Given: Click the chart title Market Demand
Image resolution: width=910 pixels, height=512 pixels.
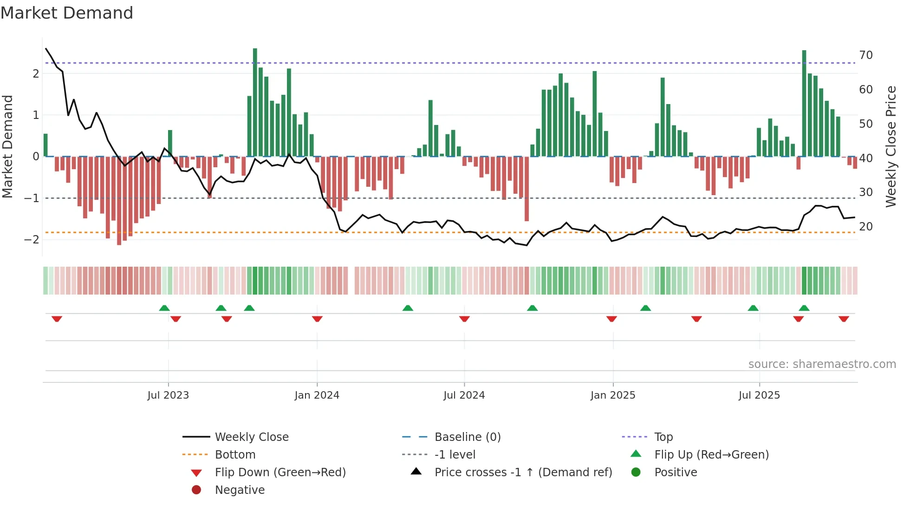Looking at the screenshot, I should [67, 13].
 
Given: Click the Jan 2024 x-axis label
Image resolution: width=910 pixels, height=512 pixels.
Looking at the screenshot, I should [317, 395].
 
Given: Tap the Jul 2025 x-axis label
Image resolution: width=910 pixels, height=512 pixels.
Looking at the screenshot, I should [759, 395].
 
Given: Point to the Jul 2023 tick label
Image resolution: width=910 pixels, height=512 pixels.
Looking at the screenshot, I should [168, 395].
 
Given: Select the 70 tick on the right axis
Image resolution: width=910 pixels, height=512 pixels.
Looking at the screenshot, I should [865, 55].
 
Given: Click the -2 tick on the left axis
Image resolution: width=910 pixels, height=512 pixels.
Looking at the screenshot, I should [32, 240].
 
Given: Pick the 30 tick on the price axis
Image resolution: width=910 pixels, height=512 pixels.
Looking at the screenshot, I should [865, 192].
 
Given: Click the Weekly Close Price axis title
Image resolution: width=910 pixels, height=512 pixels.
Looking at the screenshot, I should [890, 146].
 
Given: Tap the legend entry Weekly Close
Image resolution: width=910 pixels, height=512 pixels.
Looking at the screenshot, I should [251, 437].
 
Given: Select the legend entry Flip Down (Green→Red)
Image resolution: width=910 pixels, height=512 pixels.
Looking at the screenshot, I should [280, 473].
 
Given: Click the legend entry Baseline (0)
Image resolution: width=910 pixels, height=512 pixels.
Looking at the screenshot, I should [467, 437].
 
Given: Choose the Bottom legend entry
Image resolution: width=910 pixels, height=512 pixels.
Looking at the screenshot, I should [235, 455].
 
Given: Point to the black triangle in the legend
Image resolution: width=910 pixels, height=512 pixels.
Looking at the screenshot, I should [416, 472].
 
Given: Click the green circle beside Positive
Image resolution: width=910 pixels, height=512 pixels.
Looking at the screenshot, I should [636, 473].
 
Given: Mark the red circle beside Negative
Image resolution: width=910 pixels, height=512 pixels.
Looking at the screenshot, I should [196, 490].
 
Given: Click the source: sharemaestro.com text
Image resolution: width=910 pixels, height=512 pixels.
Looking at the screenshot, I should [822, 364].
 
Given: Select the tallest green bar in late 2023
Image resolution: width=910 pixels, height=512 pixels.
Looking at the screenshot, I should [255, 102].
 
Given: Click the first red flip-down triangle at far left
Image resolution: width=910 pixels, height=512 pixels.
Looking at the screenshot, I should [57, 319].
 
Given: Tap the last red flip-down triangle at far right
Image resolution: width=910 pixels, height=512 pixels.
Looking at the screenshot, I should [844, 319].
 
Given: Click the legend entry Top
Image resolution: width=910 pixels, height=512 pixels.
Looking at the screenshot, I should [663, 437].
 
